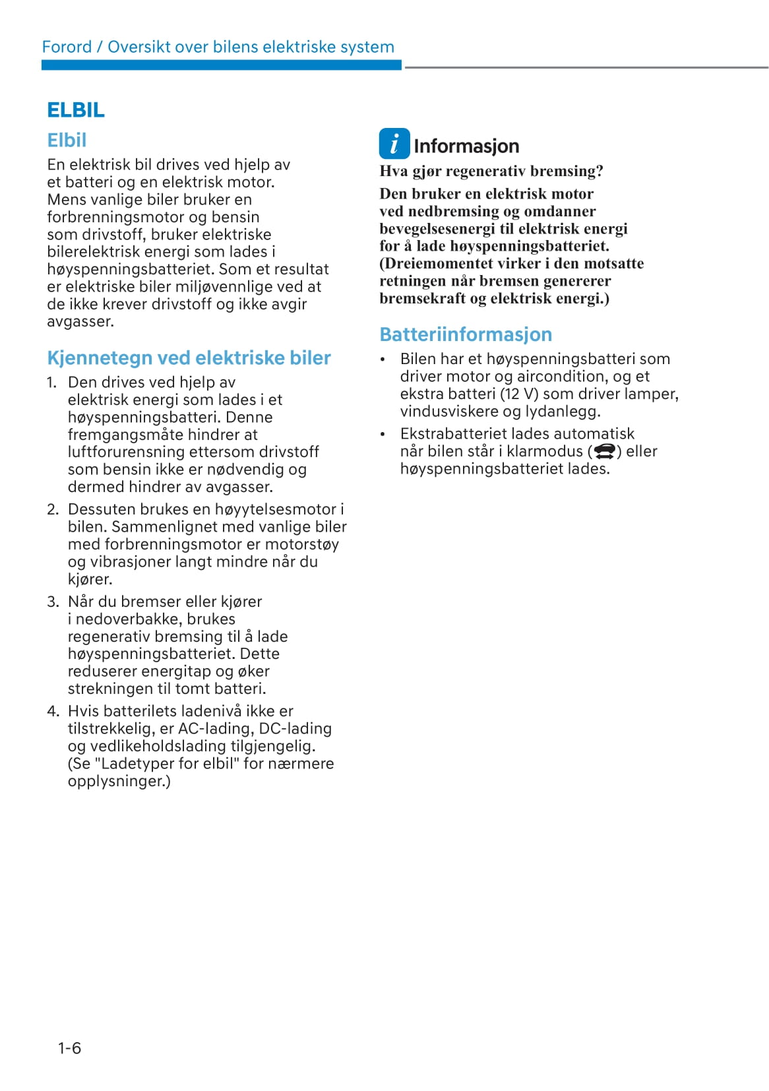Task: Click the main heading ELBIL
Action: pyautogui.click(x=76, y=110)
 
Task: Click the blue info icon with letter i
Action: pyautogui.click(x=394, y=144)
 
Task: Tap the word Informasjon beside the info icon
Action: pyautogui.click(x=466, y=146)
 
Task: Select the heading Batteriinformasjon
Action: pyautogui.click(x=466, y=334)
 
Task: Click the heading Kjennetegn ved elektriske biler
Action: pyautogui.click(x=189, y=358)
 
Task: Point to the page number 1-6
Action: pyautogui.click(x=69, y=1048)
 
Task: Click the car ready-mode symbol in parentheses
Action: pyautogui.click(x=604, y=451)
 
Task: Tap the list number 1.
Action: pyautogui.click(x=51, y=383)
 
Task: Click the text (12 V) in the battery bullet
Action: pyautogui.click(x=519, y=394)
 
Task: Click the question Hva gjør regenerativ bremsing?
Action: pyautogui.click(x=491, y=171)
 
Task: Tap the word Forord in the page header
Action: pyautogui.click(x=67, y=47)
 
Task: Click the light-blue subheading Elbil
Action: pyautogui.click(x=67, y=140)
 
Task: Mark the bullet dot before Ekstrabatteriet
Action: pyautogui.click(x=383, y=435)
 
